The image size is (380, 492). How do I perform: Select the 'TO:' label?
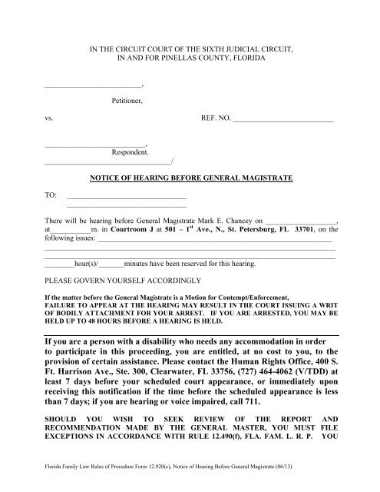(51, 196)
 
